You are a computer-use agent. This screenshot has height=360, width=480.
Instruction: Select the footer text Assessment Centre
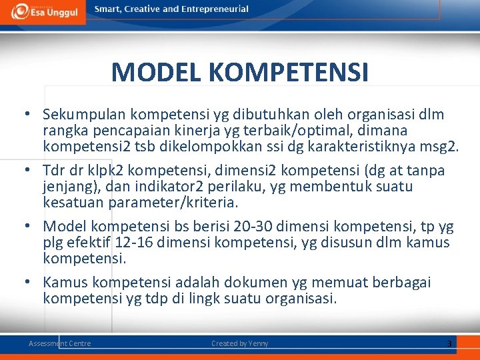pos(59,343)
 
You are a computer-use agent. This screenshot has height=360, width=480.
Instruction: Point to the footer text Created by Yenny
pos(239,343)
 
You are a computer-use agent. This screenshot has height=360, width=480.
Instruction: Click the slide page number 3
pos(449,343)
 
